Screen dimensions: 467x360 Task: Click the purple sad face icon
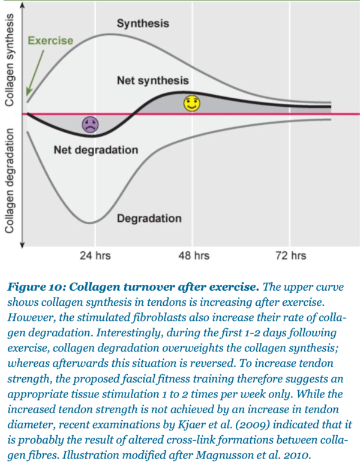coord(91,125)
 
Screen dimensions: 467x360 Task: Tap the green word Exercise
coord(50,41)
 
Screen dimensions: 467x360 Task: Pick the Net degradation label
coord(95,149)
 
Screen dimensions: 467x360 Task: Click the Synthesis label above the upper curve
coord(142,24)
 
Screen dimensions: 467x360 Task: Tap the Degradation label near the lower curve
coord(149,219)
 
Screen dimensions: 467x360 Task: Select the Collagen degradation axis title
coord(10,179)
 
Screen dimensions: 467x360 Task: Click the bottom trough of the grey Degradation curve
coord(90,223)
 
